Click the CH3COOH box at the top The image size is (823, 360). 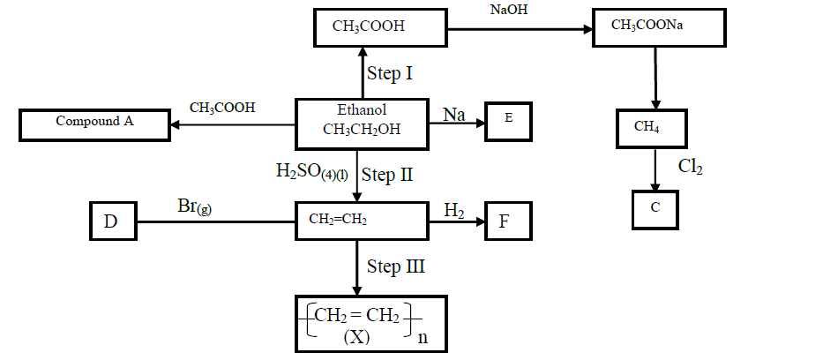pyautogui.click(x=381, y=27)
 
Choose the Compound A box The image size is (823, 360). pyautogui.click(x=94, y=123)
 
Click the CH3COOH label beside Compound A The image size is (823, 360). pyautogui.click(x=222, y=108)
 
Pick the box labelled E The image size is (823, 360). pyautogui.click(x=509, y=120)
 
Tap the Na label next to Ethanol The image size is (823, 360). pyautogui.click(x=455, y=115)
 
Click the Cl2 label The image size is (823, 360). pyautogui.click(x=691, y=166)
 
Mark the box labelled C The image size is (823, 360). pyautogui.click(x=653, y=207)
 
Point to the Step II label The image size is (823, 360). pyautogui.click(x=388, y=175)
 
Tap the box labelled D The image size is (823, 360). pyautogui.click(x=111, y=220)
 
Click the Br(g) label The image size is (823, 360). pyautogui.click(x=193, y=208)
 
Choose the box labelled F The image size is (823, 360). pyautogui.click(x=508, y=220)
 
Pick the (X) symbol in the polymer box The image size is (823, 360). pyautogui.click(x=357, y=336)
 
